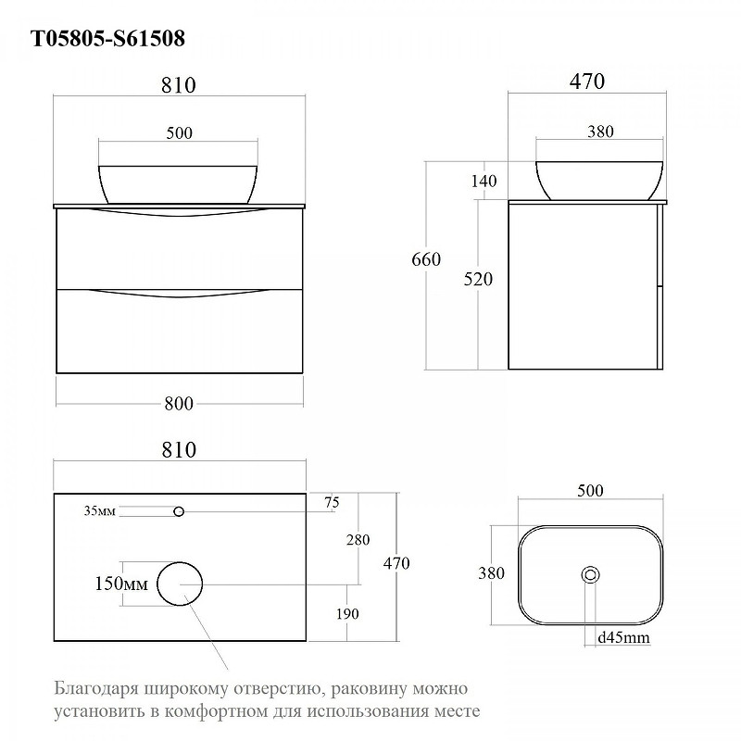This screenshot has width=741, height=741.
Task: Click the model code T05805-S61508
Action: [x=108, y=38]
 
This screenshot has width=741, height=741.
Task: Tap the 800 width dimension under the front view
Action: [x=179, y=403]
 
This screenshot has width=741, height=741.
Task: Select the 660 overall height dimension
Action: [x=426, y=259]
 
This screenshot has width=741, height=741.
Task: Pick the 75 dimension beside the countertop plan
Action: [x=332, y=502]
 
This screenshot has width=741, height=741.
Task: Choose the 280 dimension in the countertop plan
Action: [x=358, y=540]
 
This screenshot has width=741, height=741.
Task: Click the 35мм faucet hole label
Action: [x=100, y=511]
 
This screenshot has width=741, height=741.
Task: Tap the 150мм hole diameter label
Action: [x=122, y=584]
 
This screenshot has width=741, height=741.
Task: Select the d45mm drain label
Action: [x=622, y=637]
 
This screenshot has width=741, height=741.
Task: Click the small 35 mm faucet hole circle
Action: [x=179, y=511]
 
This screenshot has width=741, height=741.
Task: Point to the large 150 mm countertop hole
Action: [x=180, y=584]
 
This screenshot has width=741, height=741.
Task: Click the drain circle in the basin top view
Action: [x=589, y=574]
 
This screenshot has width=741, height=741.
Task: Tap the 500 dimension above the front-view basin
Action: [x=179, y=132]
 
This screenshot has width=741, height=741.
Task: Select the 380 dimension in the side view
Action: [x=600, y=132]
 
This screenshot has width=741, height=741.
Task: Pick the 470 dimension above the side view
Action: [x=586, y=82]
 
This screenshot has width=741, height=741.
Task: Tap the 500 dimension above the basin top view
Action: [x=589, y=490]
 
